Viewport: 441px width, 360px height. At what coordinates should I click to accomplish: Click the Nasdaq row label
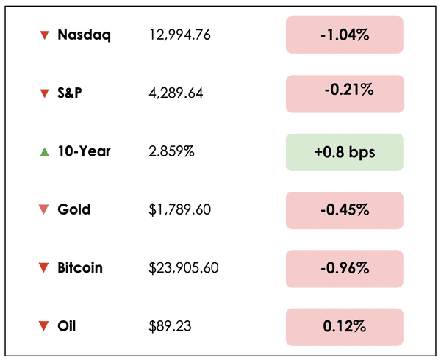[84, 35]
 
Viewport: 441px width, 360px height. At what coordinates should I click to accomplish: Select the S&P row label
[71, 93]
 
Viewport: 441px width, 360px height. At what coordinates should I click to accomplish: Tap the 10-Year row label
[84, 151]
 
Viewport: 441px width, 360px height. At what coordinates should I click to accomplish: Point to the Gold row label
[73, 209]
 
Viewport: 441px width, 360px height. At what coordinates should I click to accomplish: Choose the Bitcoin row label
[80, 267]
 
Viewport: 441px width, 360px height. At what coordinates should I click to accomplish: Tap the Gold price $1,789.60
[179, 209]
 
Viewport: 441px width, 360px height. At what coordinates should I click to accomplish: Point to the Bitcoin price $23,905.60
[183, 267]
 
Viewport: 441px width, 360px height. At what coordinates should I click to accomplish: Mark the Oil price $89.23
[165, 325]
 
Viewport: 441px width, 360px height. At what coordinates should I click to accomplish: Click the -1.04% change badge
[344, 35]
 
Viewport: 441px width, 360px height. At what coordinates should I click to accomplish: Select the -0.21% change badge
[344, 93]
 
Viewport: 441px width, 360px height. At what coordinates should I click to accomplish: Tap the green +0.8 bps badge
[344, 152]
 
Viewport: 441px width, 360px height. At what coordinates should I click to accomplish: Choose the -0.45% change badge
[344, 210]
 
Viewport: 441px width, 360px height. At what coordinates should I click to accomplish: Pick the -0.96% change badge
[344, 268]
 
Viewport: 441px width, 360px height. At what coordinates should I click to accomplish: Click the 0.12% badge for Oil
[344, 326]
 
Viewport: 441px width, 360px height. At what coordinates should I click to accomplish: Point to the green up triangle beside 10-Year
[44, 152]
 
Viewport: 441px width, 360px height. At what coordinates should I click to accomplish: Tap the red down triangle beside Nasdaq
[44, 35]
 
